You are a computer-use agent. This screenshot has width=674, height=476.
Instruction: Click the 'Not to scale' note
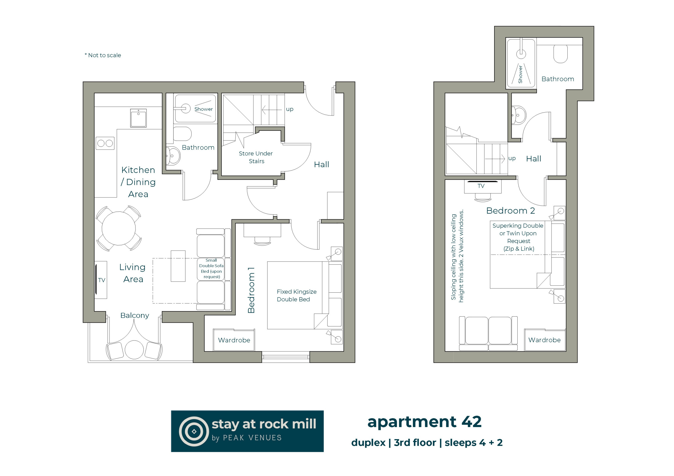click(x=103, y=55)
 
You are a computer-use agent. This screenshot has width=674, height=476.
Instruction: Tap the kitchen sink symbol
click(x=138, y=118)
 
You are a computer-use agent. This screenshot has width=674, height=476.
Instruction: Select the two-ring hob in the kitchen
click(x=105, y=143)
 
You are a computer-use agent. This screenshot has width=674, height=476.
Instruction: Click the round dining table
click(x=118, y=228)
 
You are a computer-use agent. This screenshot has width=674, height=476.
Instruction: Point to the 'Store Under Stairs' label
click(x=256, y=157)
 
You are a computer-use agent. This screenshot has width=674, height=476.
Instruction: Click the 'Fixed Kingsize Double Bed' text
click(x=296, y=295)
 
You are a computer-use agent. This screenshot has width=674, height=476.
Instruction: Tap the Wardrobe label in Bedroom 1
click(x=234, y=340)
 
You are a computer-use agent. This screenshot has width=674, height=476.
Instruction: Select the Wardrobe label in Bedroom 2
click(x=544, y=340)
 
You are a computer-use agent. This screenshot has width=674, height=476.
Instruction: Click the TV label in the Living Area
click(x=102, y=280)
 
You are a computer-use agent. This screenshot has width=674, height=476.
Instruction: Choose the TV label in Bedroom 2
click(x=481, y=186)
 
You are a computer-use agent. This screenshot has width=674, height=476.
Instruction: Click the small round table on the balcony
click(x=134, y=349)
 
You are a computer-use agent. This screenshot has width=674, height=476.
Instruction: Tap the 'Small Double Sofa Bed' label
click(x=211, y=268)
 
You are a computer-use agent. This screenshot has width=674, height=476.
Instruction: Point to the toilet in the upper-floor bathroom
click(x=561, y=54)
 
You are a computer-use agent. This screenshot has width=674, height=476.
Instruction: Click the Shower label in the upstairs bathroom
click(x=520, y=74)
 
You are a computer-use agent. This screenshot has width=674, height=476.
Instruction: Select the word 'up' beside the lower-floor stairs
click(x=289, y=109)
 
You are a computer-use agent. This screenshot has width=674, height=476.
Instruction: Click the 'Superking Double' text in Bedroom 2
click(x=518, y=226)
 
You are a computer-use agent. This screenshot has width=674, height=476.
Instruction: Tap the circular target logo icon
click(x=194, y=431)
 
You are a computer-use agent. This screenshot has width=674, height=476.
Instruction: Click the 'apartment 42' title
click(x=424, y=422)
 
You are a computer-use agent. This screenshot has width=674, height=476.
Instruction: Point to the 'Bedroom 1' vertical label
click(x=251, y=290)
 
